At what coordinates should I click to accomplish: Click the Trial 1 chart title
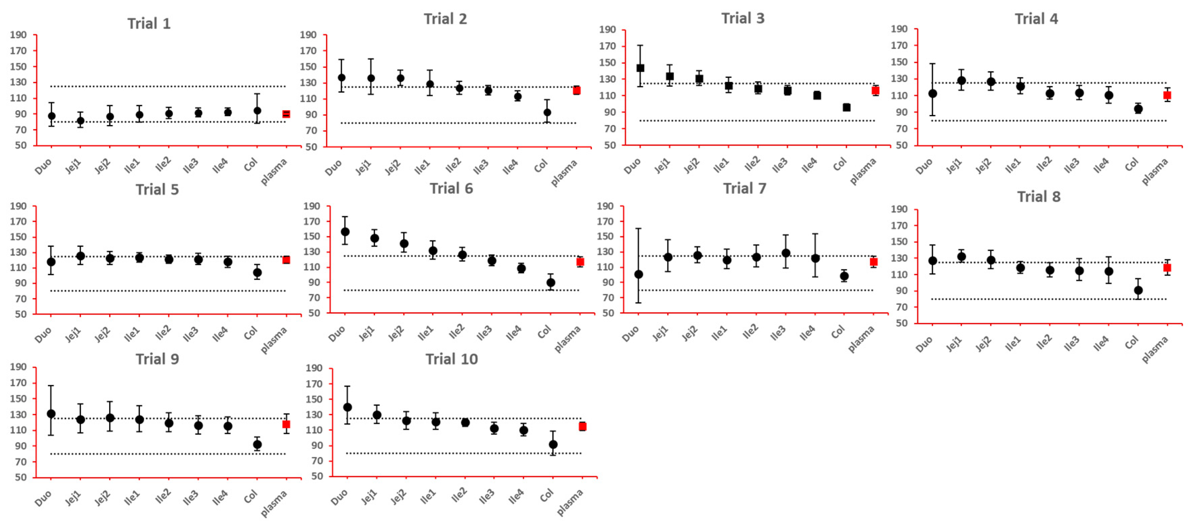point(149,24)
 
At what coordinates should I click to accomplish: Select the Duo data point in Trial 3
point(640,68)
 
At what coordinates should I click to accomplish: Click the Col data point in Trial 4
point(1138,109)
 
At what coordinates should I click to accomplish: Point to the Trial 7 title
point(745,188)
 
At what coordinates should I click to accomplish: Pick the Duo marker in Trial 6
point(345,232)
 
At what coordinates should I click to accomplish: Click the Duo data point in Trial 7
point(638,274)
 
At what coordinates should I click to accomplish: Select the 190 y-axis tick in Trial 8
point(899,209)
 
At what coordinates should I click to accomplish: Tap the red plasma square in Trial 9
point(286,424)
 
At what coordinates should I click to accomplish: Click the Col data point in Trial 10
point(553,445)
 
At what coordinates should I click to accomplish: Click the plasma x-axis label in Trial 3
point(863,171)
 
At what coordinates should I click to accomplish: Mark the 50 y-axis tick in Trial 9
point(20,477)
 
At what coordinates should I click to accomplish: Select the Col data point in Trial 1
point(257,111)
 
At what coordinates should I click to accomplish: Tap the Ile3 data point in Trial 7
point(785,253)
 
